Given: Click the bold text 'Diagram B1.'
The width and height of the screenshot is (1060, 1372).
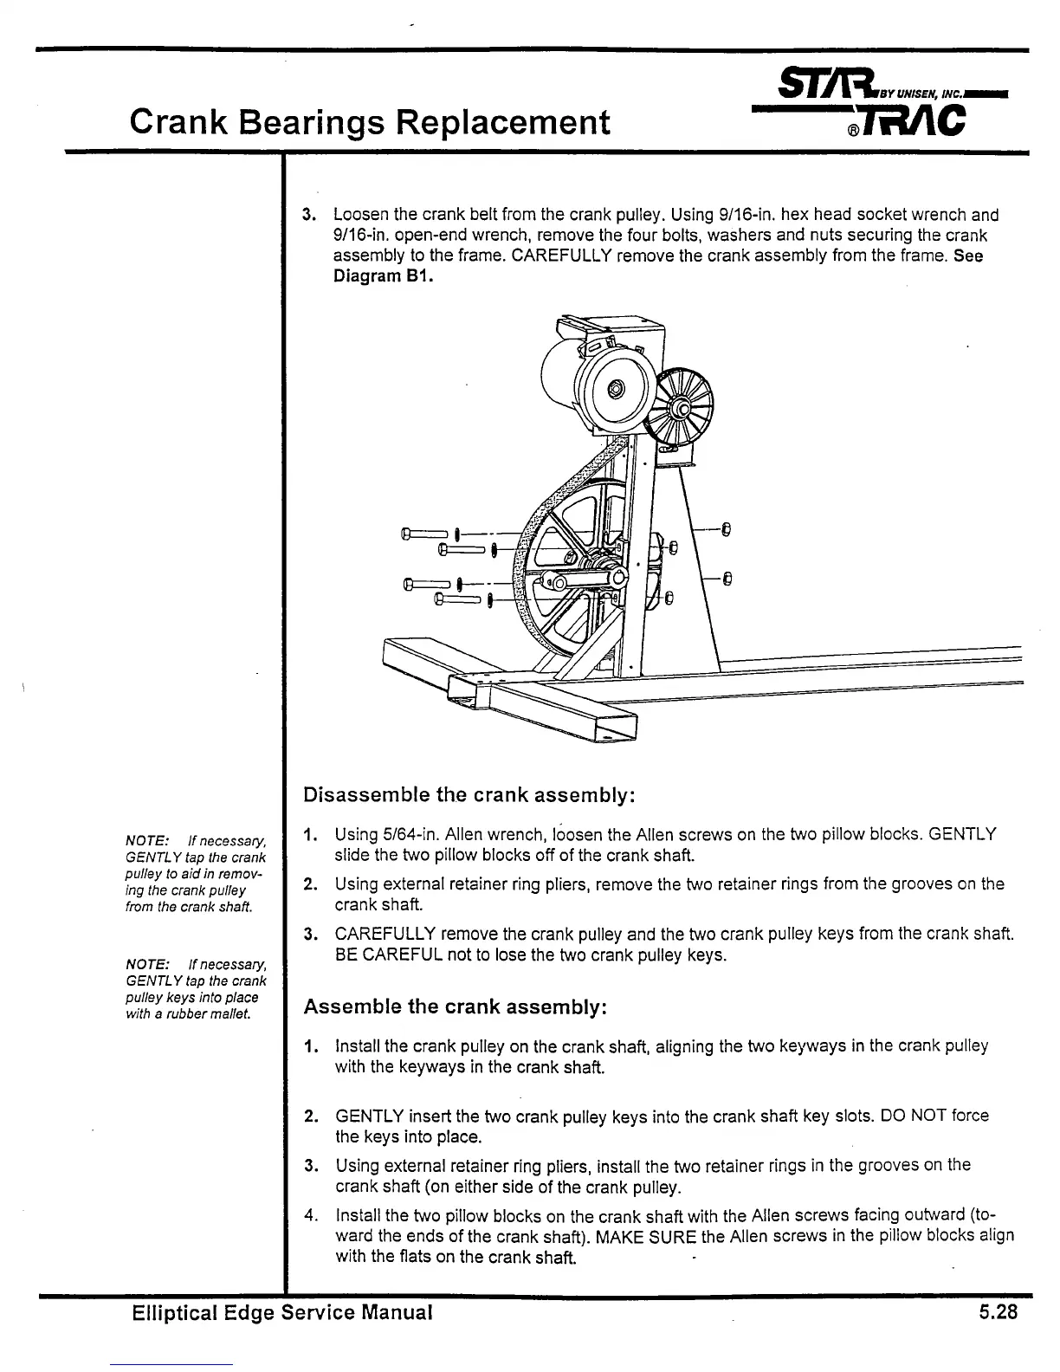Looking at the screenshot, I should [x=382, y=277].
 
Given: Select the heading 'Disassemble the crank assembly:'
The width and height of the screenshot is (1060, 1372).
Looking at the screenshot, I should [x=471, y=794].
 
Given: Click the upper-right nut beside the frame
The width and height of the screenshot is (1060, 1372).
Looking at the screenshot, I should [x=727, y=528].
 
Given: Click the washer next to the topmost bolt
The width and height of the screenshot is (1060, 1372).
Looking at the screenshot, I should [x=456, y=534].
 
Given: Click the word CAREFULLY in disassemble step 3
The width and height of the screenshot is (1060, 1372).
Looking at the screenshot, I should [x=386, y=935].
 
